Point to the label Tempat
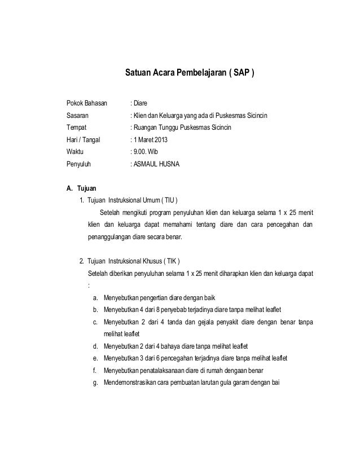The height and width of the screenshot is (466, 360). (x=77, y=128)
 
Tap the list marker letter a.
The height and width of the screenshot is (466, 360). (x=96, y=298)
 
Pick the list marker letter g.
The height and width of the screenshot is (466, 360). (x=96, y=383)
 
